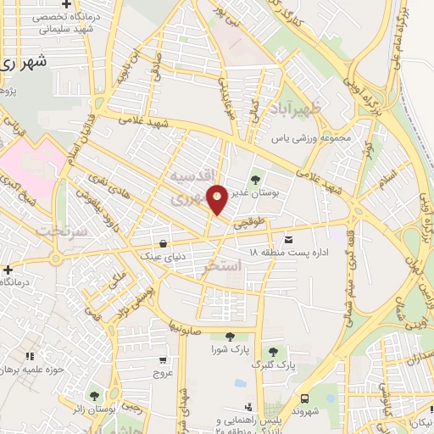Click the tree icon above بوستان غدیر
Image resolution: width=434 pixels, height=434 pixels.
pos(256,180)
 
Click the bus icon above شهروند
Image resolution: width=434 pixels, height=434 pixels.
pos(303,398)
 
